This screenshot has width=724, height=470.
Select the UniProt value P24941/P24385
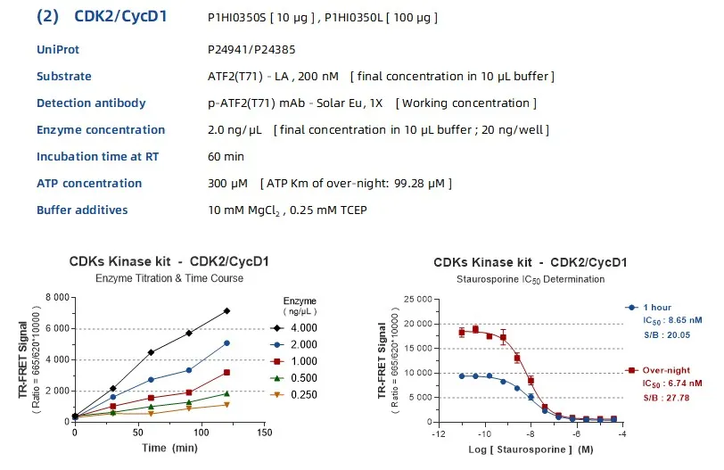pos(251,50)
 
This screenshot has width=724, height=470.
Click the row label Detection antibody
pos(91,103)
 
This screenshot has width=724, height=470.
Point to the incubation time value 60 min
pos(226,157)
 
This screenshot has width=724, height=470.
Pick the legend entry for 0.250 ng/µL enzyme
pos(297,394)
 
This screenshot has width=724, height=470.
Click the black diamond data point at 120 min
pos(226,310)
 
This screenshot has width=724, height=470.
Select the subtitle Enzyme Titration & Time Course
pos(169,279)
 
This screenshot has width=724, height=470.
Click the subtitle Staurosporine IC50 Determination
pos(531,279)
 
